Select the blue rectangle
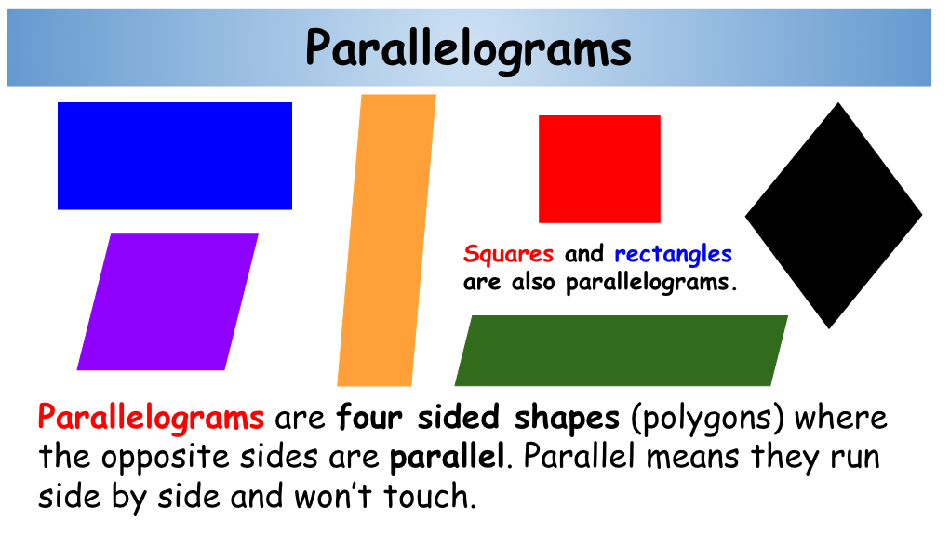pyautogui.click(x=175, y=155)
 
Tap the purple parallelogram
pyautogui.click(x=167, y=301)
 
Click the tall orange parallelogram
pyautogui.click(x=385, y=240)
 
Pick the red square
pyautogui.click(x=599, y=168)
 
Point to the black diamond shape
pyautogui.click(x=834, y=215)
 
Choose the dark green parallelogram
pyautogui.click(x=621, y=351)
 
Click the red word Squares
pyautogui.click(x=508, y=254)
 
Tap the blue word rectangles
pyautogui.click(x=673, y=254)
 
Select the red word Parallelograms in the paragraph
pyautogui.click(x=151, y=417)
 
